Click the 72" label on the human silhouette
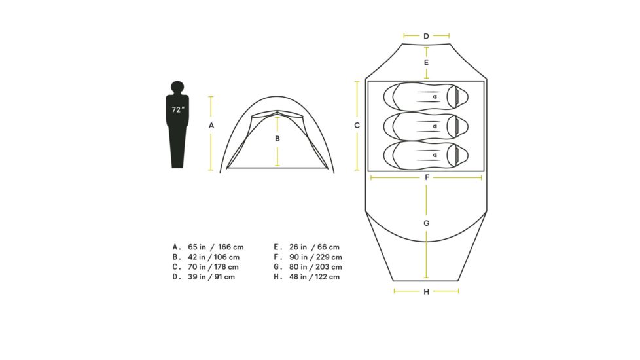click(x=178, y=109)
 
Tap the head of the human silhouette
click(x=177, y=87)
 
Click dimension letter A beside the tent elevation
click(x=211, y=126)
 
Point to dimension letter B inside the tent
click(x=277, y=139)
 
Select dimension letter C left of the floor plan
click(x=357, y=125)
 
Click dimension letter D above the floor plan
click(x=426, y=36)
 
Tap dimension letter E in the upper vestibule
click(x=426, y=62)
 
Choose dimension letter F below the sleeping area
click(x=427, y=177)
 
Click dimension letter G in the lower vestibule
click(x=426, y=223)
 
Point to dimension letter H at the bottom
click(x=426, y=292)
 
